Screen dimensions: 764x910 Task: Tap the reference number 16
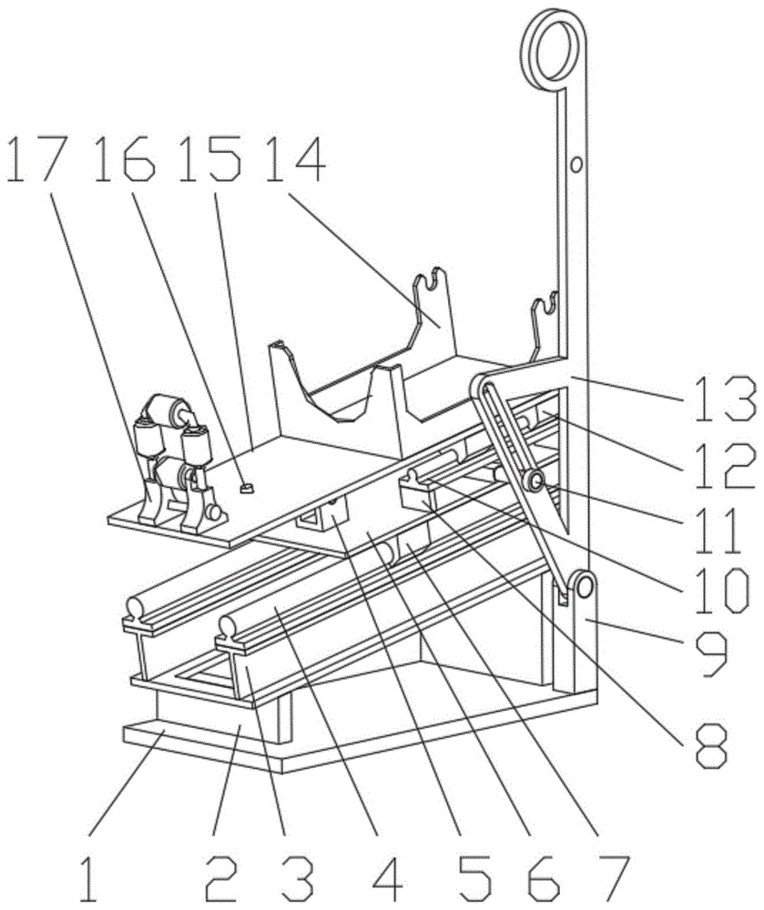[125, 159]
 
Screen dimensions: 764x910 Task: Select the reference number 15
[210, 159]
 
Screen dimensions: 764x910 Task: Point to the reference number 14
[295, 159]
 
